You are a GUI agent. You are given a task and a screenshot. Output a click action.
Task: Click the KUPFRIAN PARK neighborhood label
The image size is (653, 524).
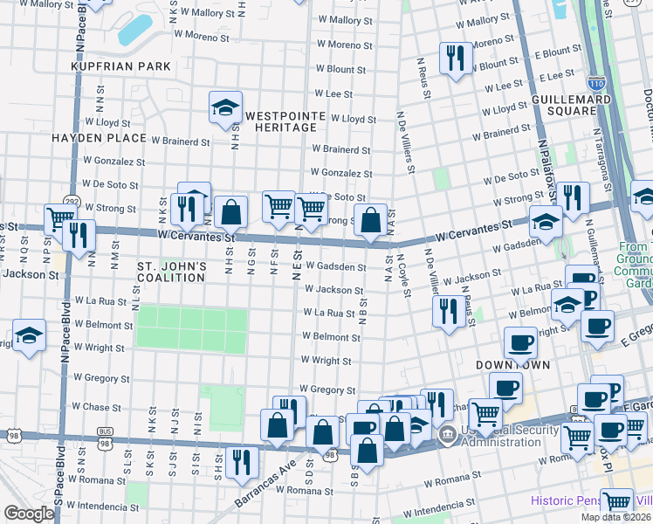pos(111,65)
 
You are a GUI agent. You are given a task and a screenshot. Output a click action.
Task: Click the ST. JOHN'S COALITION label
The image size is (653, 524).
pos(172,272)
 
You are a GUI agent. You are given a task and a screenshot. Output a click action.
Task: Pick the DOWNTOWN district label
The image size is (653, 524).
pos(512,364)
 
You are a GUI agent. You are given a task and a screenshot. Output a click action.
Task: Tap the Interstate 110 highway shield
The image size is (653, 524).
pos(595,84)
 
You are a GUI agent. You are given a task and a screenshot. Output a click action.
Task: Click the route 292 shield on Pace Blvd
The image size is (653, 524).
pos(70,200)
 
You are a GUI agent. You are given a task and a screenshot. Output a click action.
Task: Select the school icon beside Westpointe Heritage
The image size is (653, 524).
pos(225,108)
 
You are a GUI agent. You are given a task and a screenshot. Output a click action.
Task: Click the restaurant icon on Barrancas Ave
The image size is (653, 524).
pos(241,462)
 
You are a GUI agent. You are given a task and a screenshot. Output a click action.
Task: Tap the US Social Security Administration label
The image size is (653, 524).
pos(500,437)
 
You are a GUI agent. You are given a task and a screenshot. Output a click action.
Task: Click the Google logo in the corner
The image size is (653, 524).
pos(29,514)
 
